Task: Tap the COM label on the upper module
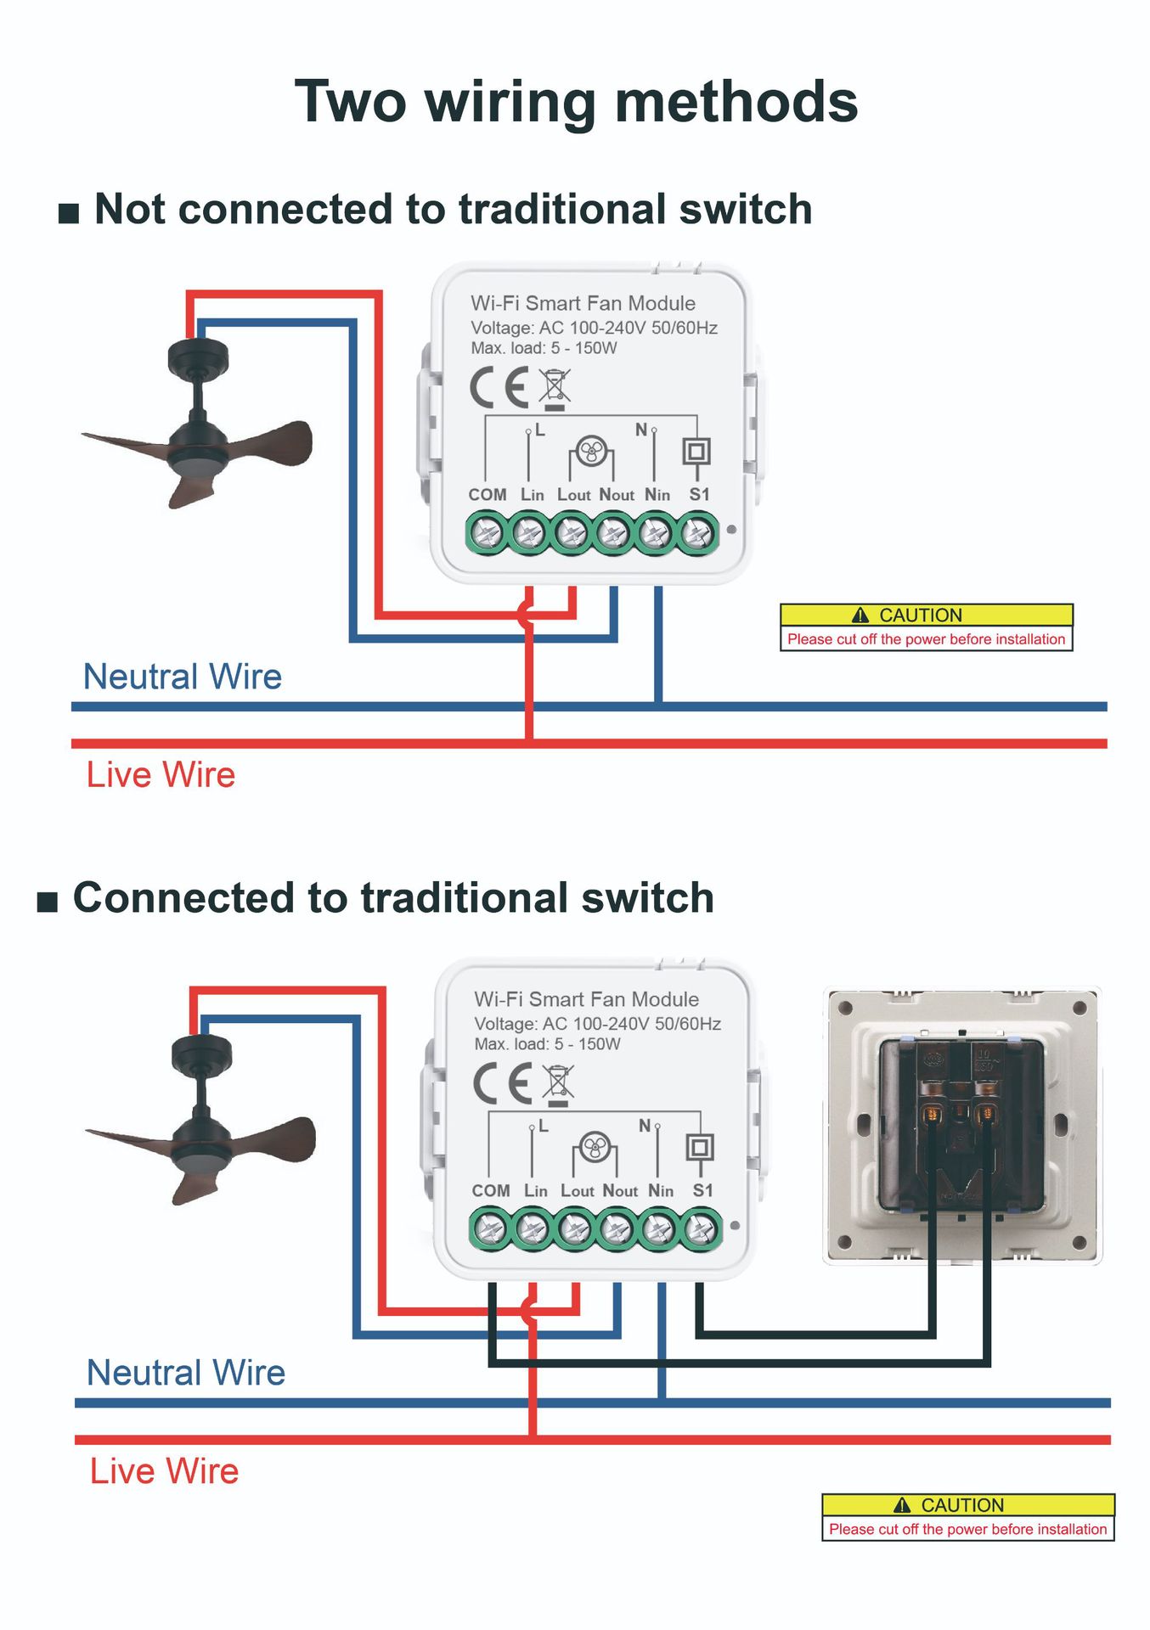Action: pos(487,495)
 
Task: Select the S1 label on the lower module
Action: pos(702,1190)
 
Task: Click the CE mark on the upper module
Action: pos(499,388)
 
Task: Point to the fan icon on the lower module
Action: pos(595,1148)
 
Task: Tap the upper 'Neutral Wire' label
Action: pos(182,677)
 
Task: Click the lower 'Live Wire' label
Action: pos(164,1471)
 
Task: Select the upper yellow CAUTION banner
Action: pos(926,615)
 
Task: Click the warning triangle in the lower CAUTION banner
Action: pos(902,1505)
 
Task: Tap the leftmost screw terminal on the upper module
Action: pos(488,534)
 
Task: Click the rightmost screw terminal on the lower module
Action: pos(701,1230)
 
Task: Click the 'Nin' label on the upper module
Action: pos(657,495)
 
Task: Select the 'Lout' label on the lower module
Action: pos(577,1191)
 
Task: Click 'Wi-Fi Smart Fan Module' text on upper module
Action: pos(583,303)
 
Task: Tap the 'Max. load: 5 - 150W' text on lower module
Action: pos(547,1044)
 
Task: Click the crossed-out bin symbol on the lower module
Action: pos(558,1084)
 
